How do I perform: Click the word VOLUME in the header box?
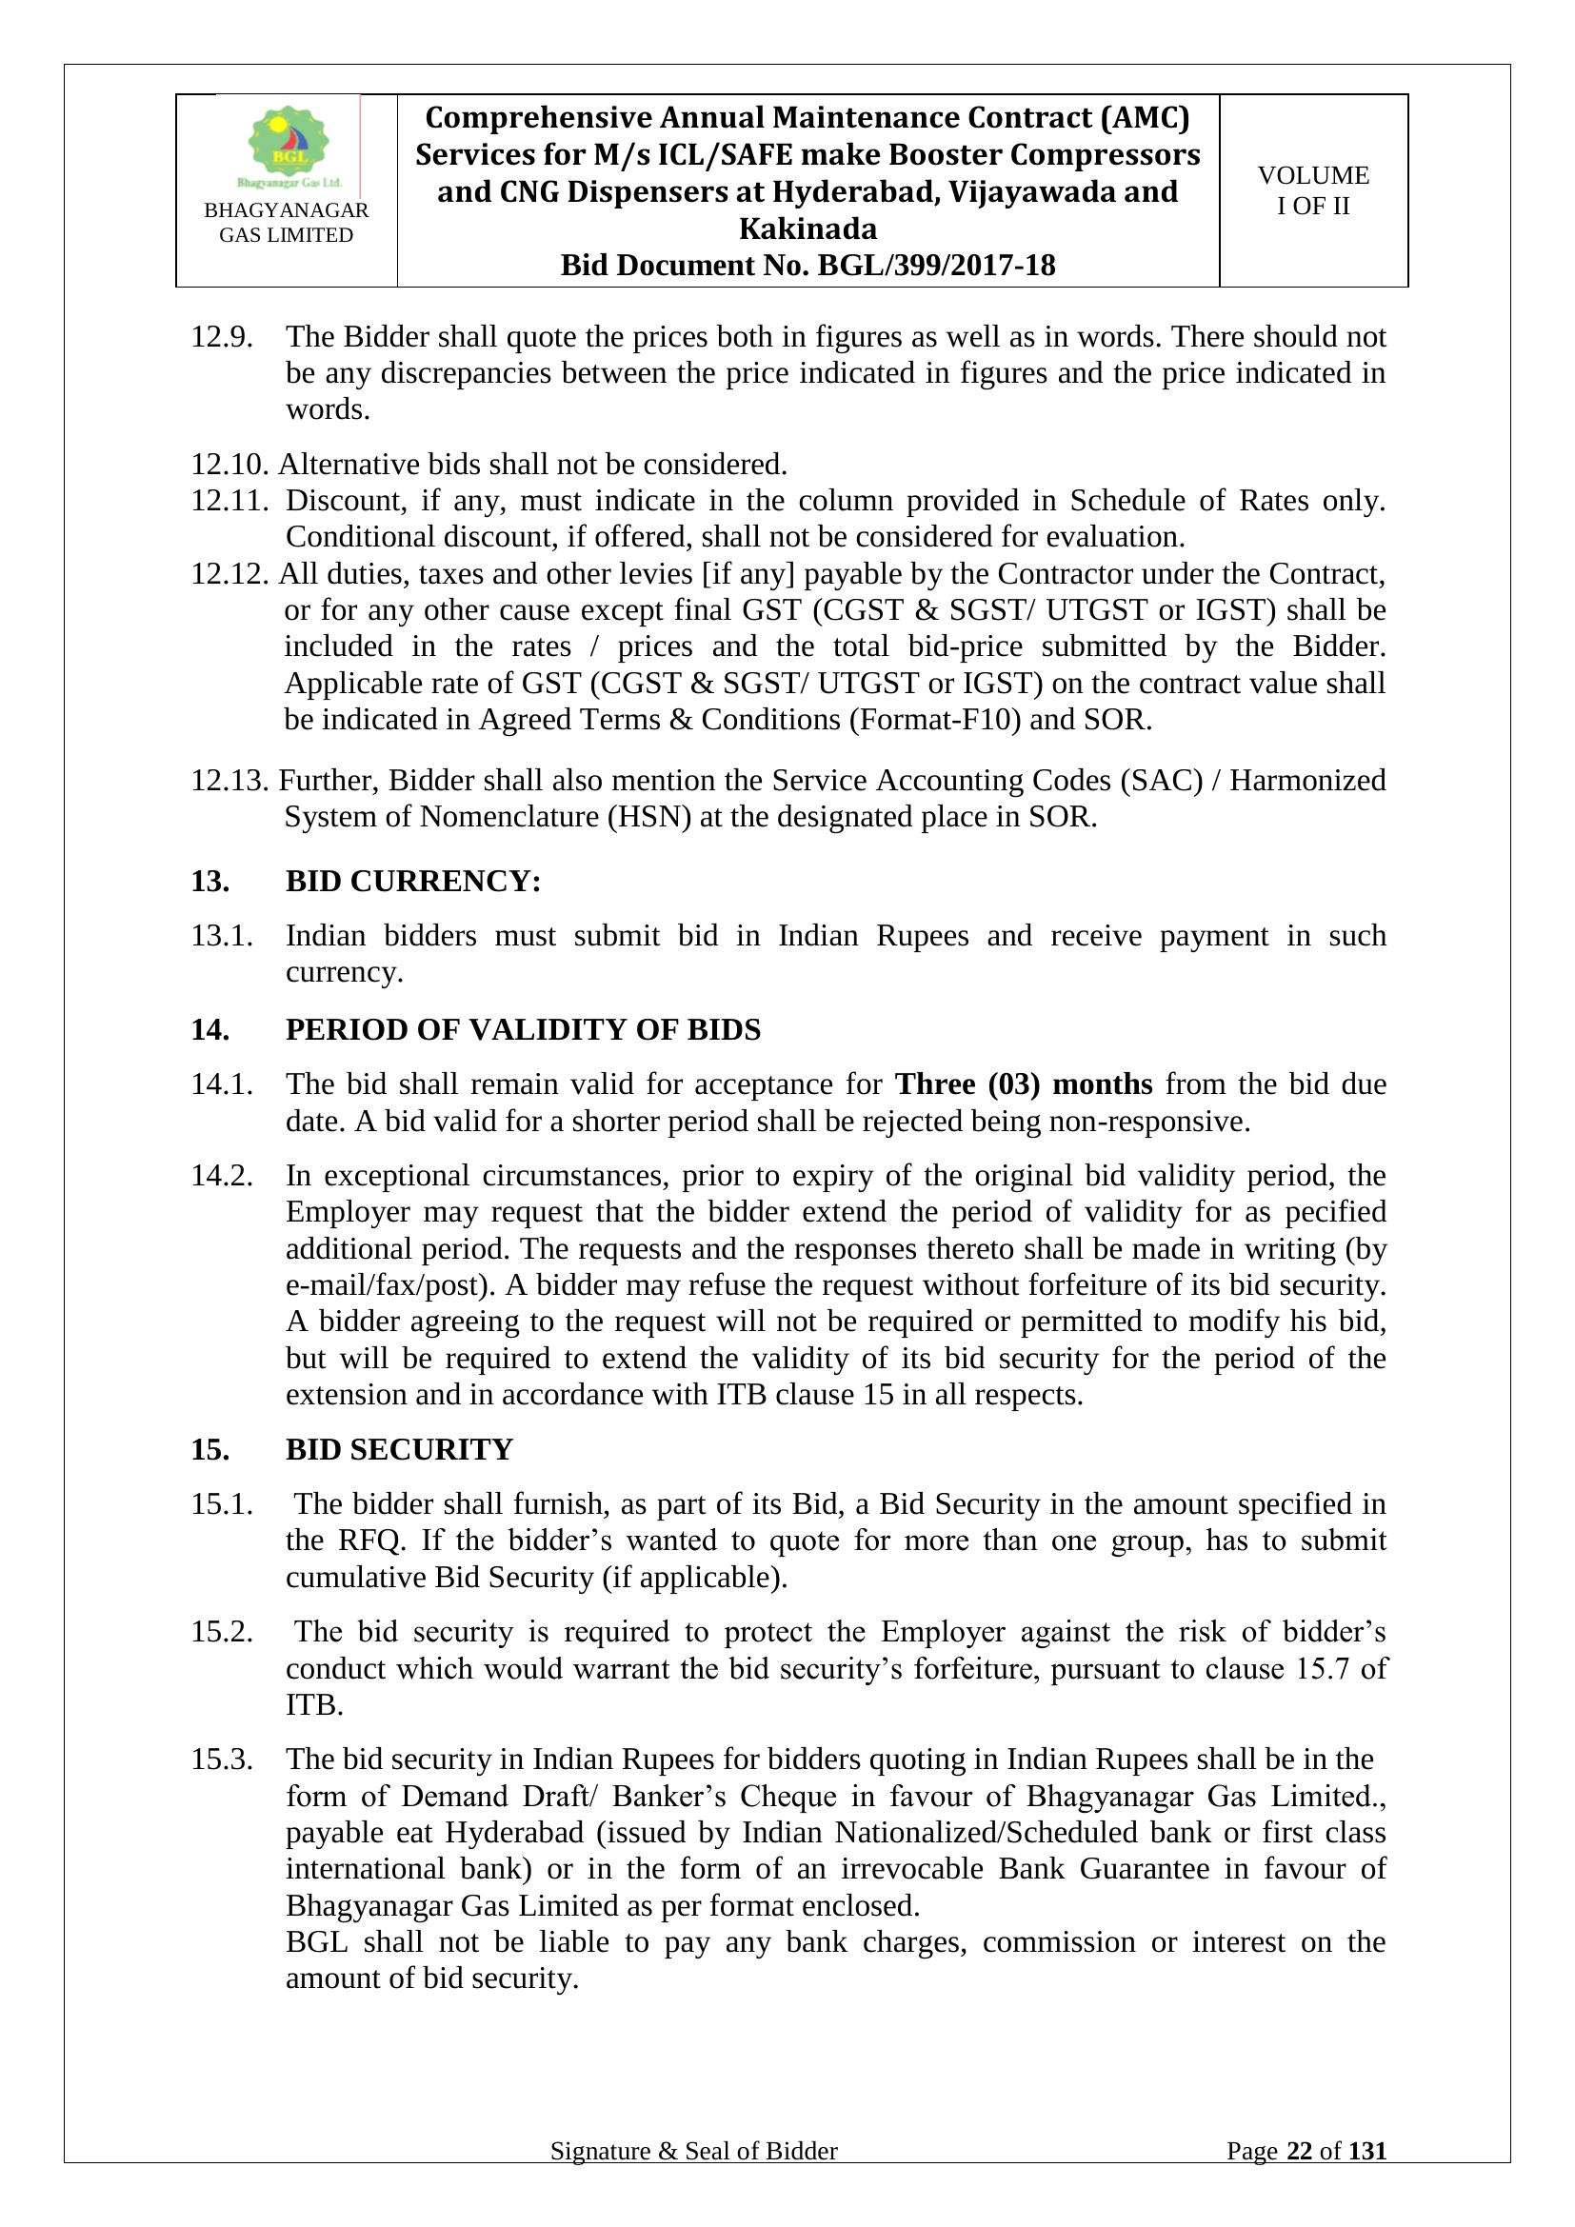click(x=1313, y=175)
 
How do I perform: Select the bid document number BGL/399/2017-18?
click(x=936, y=266)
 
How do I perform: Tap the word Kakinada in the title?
click(x=807, y=229)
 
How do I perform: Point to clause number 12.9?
click(x=221, y=338)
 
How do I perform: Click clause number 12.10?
click(x=229, y=465)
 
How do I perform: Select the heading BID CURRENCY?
click(x=413, y=881)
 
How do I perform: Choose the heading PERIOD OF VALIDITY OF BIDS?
click(x=523, y=1029)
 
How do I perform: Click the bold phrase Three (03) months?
click(x=1023, y=1084)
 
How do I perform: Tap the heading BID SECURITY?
click(x=399, y=1449)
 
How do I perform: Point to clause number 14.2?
click(x=221, y=1176)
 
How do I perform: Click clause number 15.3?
click(x=221, y=1760)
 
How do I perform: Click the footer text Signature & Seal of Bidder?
click(x=693, y=2178)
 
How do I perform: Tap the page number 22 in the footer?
click(x=1299, y=2178)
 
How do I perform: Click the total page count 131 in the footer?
click(x=1367, y=2178)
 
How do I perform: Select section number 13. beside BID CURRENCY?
click(x=210, y=881)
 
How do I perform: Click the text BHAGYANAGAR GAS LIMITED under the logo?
click(x=286, y=222)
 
